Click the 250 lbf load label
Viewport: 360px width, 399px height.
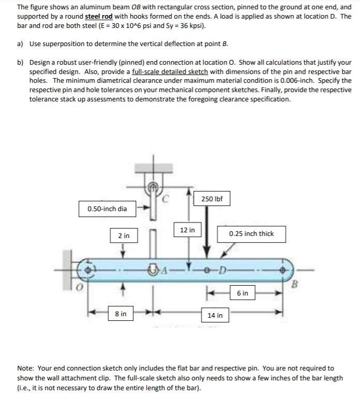click(x=212, y=199)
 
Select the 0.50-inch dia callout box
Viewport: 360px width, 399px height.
click(x=107, y=209)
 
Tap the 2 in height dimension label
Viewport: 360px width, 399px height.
click(x=124, y=235)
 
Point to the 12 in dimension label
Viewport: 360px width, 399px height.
click(x=187, y=229)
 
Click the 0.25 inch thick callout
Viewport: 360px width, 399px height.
click(x=251, y=233)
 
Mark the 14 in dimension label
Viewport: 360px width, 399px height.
click(x=215, y=315)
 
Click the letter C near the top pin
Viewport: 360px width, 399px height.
click(x=167, y=196)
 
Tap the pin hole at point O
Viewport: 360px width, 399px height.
click(x=88, y=270)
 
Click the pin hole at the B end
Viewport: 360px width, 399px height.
click(x=283, y=270)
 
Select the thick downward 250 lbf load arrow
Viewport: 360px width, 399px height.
click(x=207, y=233)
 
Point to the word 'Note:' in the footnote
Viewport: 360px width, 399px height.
click(x=25, y=368)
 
